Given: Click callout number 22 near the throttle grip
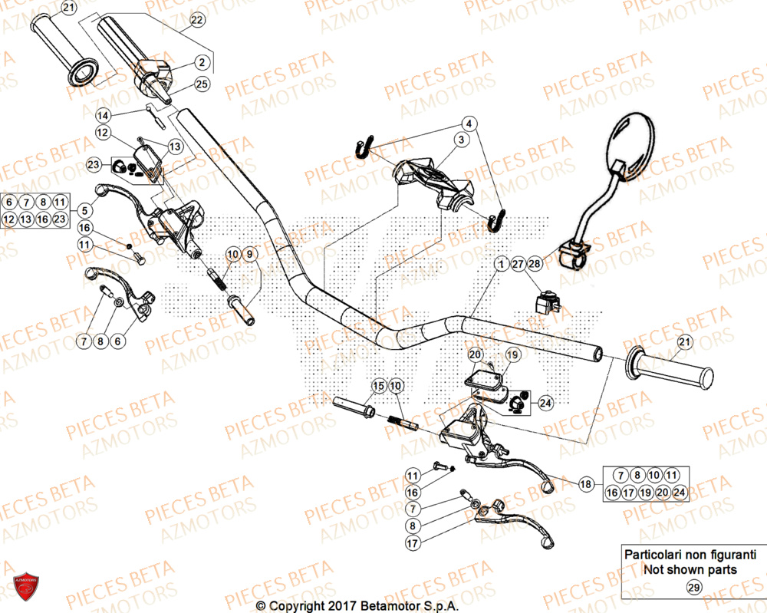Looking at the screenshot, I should pyautogui.click(x=197, y=18).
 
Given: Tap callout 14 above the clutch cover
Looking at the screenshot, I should pyautogui.click(x=103, y=115).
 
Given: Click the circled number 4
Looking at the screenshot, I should pyautogui.click(x=469, y=123).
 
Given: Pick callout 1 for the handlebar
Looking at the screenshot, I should pyautogui.click(x=500, y=264).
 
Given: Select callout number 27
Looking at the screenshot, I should pyautogui.click(x=518, y=264).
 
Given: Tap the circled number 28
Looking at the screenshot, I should pyautogui.click(x=535, y=264).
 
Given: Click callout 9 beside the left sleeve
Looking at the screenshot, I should pyautogui.click(x=252, y=253).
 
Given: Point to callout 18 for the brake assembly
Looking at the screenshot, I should pyautogui.click(x=586, y=483).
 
